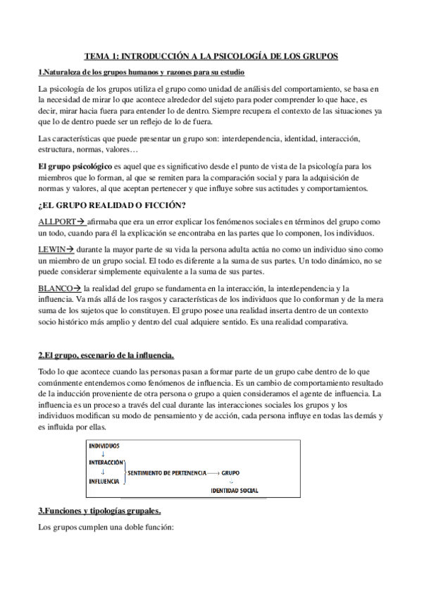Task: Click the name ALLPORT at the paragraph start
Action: (56, 221)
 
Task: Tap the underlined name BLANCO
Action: (56, 288)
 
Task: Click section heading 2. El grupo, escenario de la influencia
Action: (106, 353)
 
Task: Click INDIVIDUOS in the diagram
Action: (104, 446)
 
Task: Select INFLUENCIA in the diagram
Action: (105, 480)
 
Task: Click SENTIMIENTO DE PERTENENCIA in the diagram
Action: (172, 471)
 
